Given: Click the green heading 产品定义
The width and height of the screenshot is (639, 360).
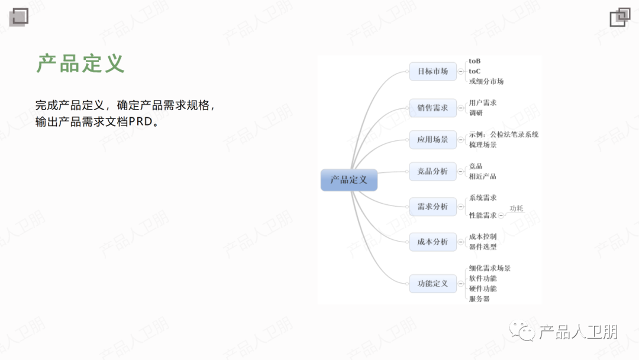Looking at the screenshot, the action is click(x=80, y=63).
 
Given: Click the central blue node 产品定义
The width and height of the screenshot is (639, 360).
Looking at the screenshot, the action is click(x=349, y=179).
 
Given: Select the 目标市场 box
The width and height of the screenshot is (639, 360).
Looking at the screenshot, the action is click(x=433, y=72).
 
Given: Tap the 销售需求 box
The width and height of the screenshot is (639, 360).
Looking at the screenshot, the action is click(x=433, y=108).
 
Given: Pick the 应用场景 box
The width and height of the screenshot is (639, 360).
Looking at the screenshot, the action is click(x=433, y=140).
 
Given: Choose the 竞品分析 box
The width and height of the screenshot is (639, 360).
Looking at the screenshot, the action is click(x=433, y=171).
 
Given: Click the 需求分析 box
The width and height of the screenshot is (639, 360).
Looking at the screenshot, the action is click(x=433, y=207).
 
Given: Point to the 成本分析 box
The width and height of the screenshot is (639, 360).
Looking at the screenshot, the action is click(x=433, y=242).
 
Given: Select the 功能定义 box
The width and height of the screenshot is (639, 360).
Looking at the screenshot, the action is click(x=433, y=284).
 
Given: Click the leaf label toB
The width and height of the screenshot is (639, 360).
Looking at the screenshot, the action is click(x=475, y=61).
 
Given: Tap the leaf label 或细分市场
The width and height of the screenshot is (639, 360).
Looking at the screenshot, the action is click(x=486, y=81).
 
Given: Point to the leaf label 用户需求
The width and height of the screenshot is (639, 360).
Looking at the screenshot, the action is click(x=483, y=102).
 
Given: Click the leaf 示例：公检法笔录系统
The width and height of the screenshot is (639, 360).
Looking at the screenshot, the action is click(x=504, y=134).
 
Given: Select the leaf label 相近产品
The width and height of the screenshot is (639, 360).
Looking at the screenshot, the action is click(x=483, y=176).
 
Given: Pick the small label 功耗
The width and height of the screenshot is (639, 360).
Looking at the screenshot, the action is click(x=517, y=208).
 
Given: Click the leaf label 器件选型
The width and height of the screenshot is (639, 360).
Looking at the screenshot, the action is click(x=483, y=247).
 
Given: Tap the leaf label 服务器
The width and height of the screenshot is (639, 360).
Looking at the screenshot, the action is click(x=479, y=299).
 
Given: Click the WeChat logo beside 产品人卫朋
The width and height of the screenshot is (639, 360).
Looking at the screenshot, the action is click(x=523, y=332).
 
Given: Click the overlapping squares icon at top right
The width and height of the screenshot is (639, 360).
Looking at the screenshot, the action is click(x=620, y=17).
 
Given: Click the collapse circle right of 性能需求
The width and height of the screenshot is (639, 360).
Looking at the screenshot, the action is click(x=501, y=216).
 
